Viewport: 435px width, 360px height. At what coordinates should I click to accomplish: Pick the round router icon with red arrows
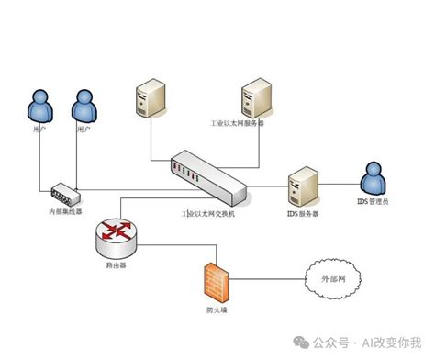pos(117,235)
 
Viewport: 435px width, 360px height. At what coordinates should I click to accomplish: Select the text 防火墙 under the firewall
pos(213,309)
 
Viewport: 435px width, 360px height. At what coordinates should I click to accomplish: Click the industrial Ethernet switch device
pos(207,176)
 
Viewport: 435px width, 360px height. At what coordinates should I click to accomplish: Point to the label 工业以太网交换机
pos(208,213)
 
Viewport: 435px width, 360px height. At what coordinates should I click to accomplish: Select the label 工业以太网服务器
pos(237,122)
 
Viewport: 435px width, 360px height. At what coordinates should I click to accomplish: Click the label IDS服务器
pos(302,213)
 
